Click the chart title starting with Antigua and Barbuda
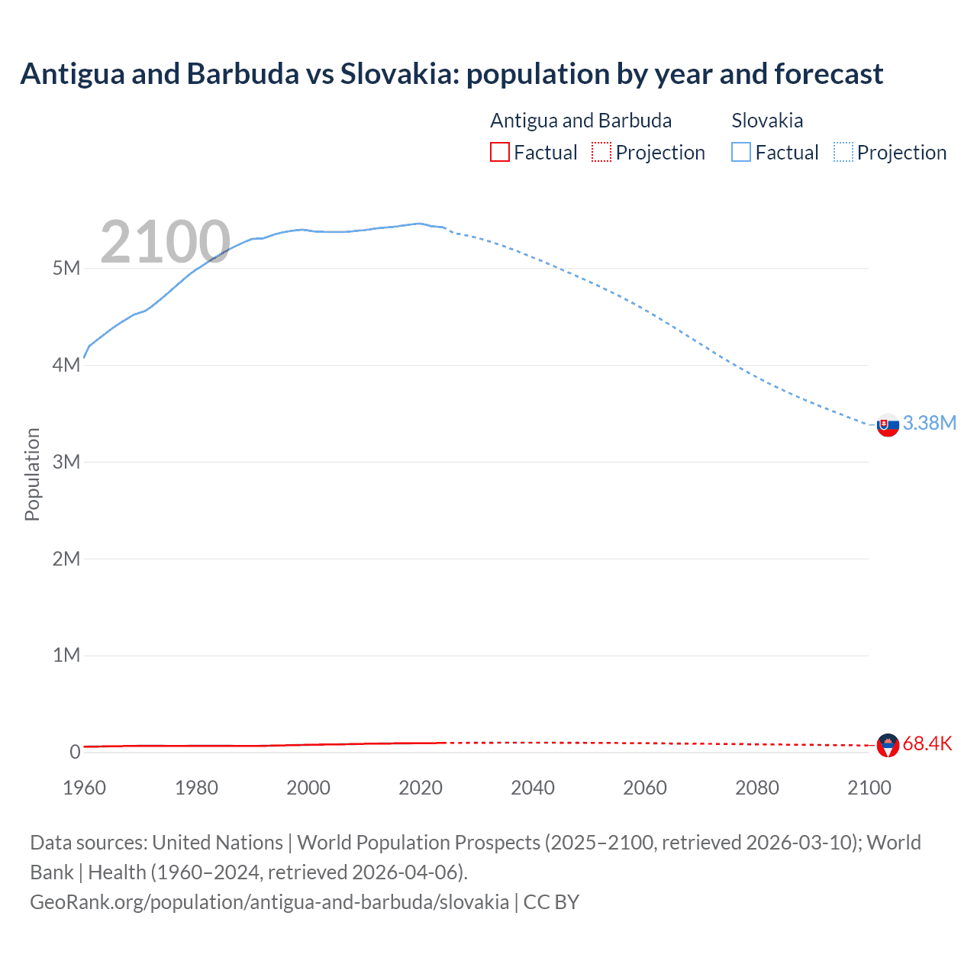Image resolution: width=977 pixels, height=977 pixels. click(451, 74)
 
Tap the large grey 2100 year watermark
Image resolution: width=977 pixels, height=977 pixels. click(165, 242)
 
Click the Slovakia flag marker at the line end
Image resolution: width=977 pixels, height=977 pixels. click(888, 425)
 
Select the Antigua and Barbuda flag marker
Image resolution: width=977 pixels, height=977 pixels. click(888, 745)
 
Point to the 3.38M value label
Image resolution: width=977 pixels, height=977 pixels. click(929, 423)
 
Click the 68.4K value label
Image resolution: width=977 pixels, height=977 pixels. click(927, 743)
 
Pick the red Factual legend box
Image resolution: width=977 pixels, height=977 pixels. click(500, 153)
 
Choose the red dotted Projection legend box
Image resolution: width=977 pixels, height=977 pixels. click(601, 153)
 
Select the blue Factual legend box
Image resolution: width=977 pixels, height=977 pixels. click(741, 153)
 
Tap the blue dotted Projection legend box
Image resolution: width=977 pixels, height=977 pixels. click(843, 153)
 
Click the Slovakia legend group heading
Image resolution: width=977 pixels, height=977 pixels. click(767, 121)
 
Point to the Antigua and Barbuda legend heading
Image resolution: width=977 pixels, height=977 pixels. click(581, 121)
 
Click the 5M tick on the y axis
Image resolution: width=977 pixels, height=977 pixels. click(66, 269)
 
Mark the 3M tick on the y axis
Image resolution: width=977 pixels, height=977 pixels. click(66, 462)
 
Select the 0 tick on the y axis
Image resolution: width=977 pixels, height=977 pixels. click(75, 752)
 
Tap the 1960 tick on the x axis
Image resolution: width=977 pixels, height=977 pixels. click(84, 788)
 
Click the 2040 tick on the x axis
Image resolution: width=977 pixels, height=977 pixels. click(533, 788)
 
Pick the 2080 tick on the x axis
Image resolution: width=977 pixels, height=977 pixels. click(757, 788)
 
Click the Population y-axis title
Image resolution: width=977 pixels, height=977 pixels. click(32, 474)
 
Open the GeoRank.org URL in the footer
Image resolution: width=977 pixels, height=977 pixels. click(269, 902)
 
